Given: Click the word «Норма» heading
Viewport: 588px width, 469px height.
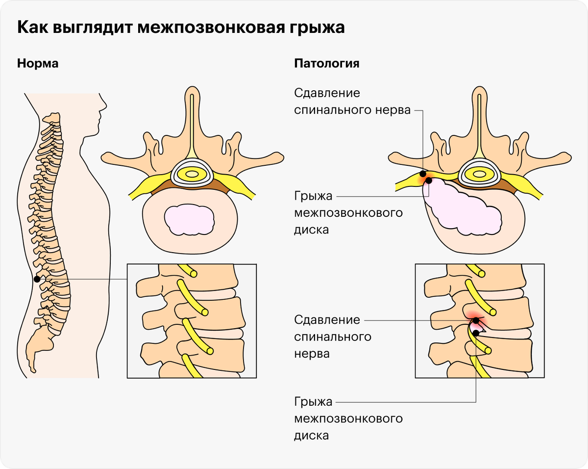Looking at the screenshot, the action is click(x=38, y=63).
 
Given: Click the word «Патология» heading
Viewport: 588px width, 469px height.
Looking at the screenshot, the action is click(x=326, y=63).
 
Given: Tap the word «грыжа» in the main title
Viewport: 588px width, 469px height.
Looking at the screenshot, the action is click(x=317, y=27).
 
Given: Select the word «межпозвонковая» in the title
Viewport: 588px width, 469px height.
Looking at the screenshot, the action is click(x=211, y=27).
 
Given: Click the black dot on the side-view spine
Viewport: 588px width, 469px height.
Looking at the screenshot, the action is click(x=37, y=279).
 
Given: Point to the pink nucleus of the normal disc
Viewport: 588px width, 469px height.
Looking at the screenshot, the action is click(x=189, y=220).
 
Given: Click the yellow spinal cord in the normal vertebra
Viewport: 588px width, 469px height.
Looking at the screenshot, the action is click(x=192, y=174).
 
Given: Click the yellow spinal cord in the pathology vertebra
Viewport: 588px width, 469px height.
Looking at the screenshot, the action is click(x=479, y=174).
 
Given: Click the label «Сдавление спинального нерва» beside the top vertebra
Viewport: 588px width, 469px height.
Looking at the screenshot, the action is click(x=352, y=102).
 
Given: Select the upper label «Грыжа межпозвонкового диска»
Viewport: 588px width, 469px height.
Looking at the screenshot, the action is click(x=348, y=212).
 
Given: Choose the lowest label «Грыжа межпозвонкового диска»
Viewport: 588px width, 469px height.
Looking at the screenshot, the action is click(x=348, y=418).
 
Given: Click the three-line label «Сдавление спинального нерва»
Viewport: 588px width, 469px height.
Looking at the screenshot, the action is click(x=333, y=337).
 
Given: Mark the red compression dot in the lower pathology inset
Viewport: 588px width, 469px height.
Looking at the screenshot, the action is click(x=476, y=320).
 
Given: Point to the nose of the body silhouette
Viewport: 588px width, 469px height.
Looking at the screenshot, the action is click(x=104, y=106).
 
